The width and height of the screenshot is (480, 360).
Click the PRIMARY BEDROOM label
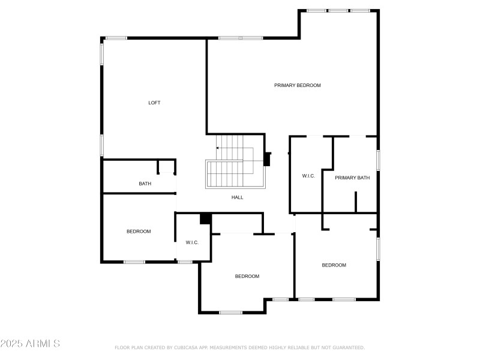[x=298, y=85]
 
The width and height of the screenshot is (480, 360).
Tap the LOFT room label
[x=154, y=103]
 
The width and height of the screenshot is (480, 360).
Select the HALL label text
[x=238, y=197]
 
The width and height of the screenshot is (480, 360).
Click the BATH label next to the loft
[x=145, y=184]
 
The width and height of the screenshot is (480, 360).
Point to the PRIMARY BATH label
[x=352, y=178]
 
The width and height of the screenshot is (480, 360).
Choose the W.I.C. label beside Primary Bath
[x=308, y=176]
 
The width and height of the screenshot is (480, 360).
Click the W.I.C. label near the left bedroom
[x=192, y=242]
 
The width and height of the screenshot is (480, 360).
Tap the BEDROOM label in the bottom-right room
[x=334, y=265]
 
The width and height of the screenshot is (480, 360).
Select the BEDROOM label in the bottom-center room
[x=247, y=276]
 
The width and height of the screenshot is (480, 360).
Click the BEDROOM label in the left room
[x=138, y=232]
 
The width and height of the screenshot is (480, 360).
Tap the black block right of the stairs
[x=268, y=158]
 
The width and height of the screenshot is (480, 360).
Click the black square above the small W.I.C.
[x=205, y=219]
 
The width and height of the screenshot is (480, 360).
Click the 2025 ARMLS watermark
[x=30, y=344]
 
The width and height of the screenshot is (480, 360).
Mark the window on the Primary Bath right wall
[x=378, y=160]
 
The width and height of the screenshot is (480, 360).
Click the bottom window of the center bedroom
[x=230, y=312]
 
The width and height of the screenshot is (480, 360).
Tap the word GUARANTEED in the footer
[x=349, y=347]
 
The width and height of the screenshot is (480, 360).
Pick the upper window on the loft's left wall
[x=102, y=54]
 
